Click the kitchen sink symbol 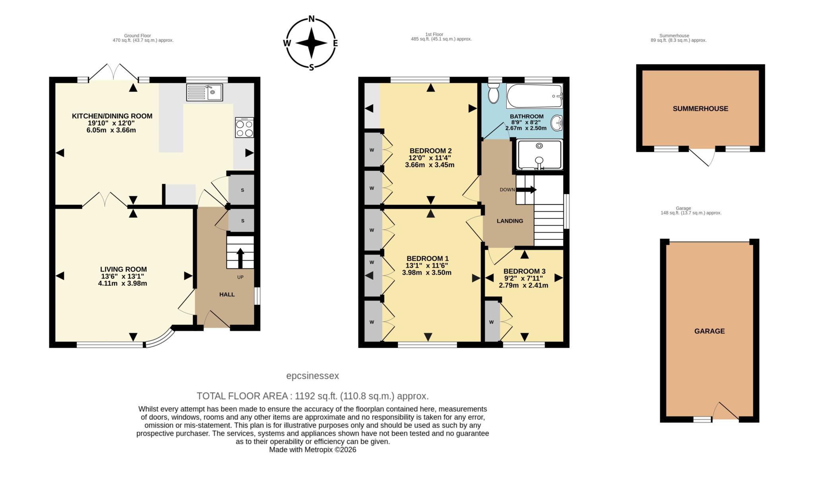pyautogui.click(x=204, y=93)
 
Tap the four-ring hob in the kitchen pyautogui.click(x=244, y=128)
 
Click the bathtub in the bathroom pyautogui.click(x=534, y=96)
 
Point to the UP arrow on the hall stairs pyautogui.click(x=240, y=258)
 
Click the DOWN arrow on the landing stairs pyautogui.click(x=526, y=190)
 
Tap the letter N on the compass pyautogui.click(x=312, y=19)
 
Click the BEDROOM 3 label pyautogui.click(x=524, y=271)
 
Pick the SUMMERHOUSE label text pyautogui.click(x=700, y=108)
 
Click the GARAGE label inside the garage pyautogui.click(x=709, y=331)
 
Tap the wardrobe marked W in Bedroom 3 pyautogui.click(x=492, y=322)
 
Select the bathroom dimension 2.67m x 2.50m pyautogui.click(x=526, y=128)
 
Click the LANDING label pyautogui.click(x=510, y=221)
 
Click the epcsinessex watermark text pyautogui.click(x=312, y=376)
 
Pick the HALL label pyautogui.click(x=227, y=294)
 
